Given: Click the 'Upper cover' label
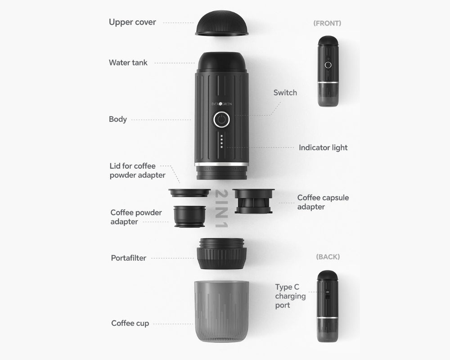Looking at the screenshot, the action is [x=132, y=22].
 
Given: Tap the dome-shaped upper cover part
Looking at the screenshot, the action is [x=221, y=23].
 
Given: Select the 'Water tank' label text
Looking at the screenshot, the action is [x=128, y=63].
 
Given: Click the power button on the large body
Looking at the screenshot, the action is [x=221, y=119].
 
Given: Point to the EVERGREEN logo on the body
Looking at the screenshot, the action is [x=221, y=103].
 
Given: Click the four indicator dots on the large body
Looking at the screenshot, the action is [x=221, y=141].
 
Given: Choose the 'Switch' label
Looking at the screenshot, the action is [x=285, y=92].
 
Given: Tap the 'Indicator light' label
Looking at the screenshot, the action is [x=323, y=148].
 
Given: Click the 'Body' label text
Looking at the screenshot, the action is [x=117, y=119].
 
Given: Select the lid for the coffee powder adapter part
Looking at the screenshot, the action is [x=189, y=193].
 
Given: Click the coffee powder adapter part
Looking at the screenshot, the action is [x=190, y=216].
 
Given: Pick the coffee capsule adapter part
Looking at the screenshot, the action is [x=253, y=201].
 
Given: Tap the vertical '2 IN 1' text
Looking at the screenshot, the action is [x=221, y=208].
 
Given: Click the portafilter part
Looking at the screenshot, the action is [x=221, y=253].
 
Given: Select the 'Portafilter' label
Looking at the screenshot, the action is [x=129, y=258].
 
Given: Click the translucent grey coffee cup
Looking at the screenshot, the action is [x=221, y=311].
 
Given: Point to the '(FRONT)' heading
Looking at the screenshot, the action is [x=327, y=23].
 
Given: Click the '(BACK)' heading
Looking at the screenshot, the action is [x=328, y=256].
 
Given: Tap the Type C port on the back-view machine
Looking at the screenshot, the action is [x=327, y=293].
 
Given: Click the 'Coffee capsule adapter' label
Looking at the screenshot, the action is [x=323, y=202].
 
